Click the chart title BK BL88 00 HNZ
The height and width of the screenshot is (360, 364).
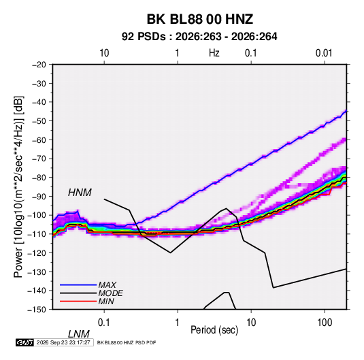pos(200,19)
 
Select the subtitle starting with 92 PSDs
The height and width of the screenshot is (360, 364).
pos(199,37)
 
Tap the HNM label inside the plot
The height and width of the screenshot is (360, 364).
pos(80,193)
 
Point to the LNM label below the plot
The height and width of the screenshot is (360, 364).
pos(79,334)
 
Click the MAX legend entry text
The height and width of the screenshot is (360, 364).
pos(107,284)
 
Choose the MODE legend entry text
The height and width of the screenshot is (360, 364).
pos(110,293)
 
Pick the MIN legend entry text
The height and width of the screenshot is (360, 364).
pos(106,301)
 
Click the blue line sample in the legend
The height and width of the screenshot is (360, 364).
pos(78,285)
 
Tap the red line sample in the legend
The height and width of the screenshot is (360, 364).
pos(78,301)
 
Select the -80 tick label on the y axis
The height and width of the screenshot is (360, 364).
pos(39,178)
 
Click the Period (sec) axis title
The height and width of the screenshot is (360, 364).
pos(214,330)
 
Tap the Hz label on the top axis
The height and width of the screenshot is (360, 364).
pos(214,53)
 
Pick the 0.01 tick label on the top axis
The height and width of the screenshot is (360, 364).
pos(324,53)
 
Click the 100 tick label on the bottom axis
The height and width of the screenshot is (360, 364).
pos(325,323)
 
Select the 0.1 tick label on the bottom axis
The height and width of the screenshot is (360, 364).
pos(104,323)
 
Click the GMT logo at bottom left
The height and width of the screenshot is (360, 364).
pos(24,342)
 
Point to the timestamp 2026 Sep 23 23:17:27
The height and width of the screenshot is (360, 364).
pos(63,342)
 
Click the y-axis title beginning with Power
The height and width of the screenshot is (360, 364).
pos(18,187)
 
